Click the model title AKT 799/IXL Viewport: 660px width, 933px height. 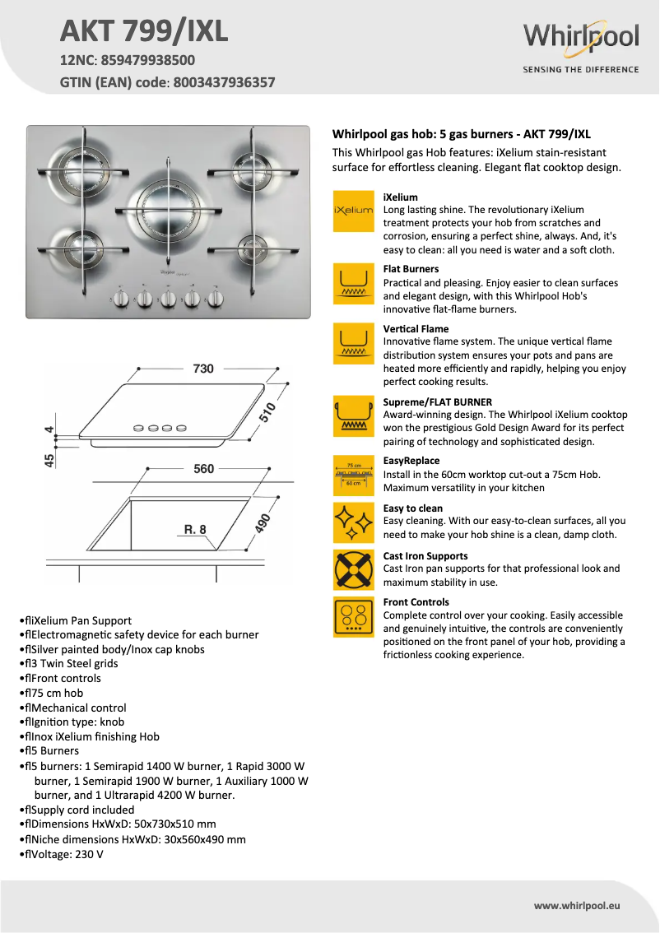pyautogui.click(x=144, y=31)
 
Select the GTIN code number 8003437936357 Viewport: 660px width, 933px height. pyautogui.click(x=224, y=82)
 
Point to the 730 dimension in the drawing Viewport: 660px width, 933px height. pyautogui.click(x=203, y=369)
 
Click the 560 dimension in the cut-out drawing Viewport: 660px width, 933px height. pyautogui.click(x=203, y=469)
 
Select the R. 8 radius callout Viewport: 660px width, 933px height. pyautogui.click(x=194, y=530)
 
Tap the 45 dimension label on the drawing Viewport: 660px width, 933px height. pyautogui.click(x=49, y=460)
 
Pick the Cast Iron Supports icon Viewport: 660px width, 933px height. pyautogui.click(x=353, y=570)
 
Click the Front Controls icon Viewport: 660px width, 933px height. pyautogui.click(x=353, y=617)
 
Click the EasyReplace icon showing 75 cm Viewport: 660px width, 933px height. pyautogui.click(x=353, y=475)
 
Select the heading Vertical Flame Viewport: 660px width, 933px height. pyautogui.click(x=416, y=329)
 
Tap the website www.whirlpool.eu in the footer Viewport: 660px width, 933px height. pyautogui.click(x=576, y=905)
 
